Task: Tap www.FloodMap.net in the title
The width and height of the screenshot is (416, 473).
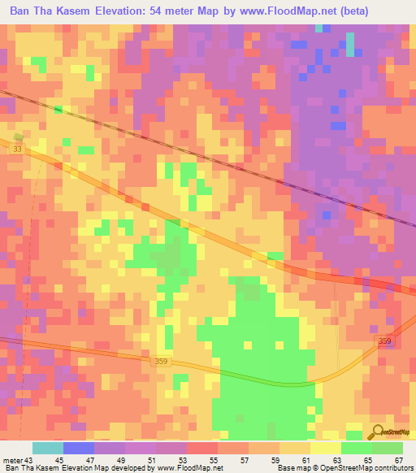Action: tap(277, 11)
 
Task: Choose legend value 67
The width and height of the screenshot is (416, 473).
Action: tap(398, 460)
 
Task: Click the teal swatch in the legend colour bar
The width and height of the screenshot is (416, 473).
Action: tap(48, 448)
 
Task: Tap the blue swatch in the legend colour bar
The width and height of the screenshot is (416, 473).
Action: tap(77, 448)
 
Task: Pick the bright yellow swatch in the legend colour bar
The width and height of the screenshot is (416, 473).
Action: tap(325, 448)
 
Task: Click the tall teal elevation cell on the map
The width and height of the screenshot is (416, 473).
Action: tap(350, 44)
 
